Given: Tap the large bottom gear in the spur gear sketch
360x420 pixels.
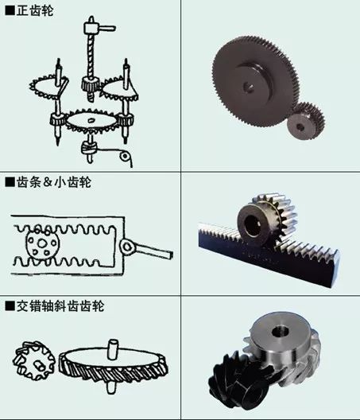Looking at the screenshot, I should (92, 122).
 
